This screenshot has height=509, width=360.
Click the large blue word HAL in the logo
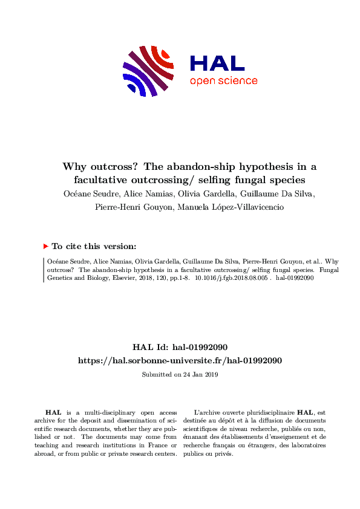click(x=217, y=63)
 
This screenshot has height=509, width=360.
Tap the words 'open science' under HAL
click(x=223, y=81)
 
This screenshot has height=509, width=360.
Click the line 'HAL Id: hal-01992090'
click(x=180, y=348)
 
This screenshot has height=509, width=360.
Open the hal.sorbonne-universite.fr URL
click(x=180, y=360)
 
